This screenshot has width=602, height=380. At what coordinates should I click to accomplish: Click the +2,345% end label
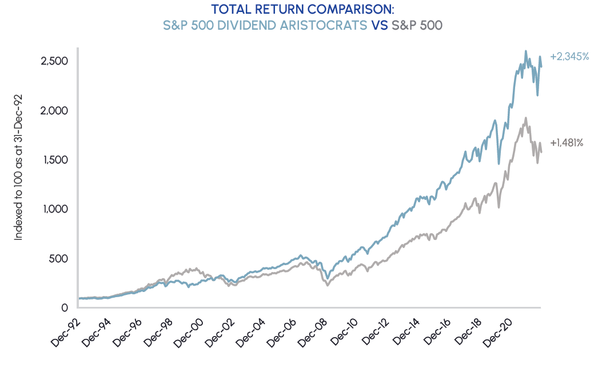click(569, 57)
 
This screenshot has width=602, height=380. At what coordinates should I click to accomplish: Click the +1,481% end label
click(567, 143)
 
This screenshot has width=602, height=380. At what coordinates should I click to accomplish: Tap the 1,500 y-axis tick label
click(55, 159)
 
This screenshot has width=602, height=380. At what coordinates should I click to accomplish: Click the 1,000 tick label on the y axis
click(55, 209)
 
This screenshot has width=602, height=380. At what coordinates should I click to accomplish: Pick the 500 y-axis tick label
click(59, 258)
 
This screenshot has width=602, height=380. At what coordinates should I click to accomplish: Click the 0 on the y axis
click(65, 308)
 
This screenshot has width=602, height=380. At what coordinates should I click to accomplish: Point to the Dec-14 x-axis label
click(408, 331)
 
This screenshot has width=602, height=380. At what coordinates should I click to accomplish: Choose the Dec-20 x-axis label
click(501, 331)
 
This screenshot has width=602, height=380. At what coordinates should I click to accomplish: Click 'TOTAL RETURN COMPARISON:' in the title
click(302, 10)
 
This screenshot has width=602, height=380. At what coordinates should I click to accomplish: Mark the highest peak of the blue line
click(525, 51)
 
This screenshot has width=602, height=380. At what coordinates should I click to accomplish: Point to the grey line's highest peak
click(525, 118)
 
